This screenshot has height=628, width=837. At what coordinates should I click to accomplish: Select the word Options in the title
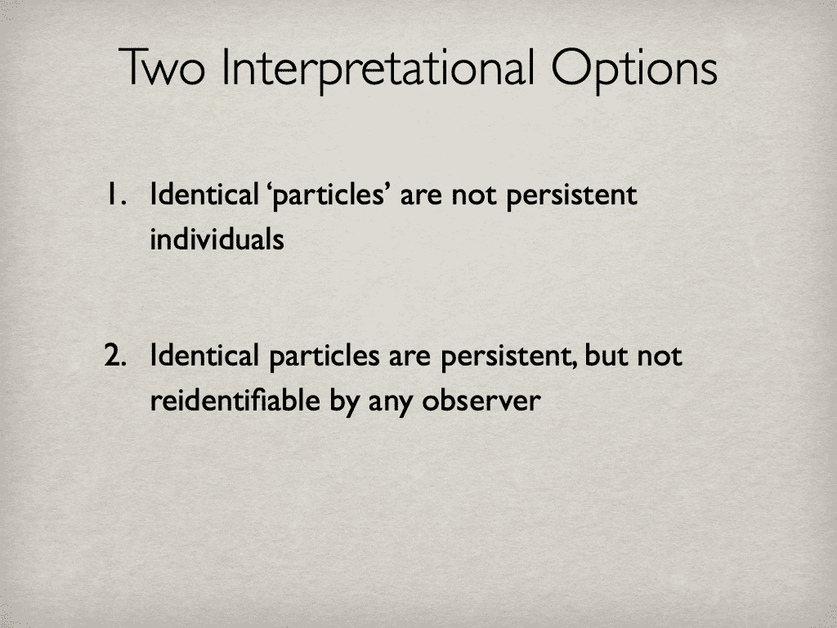[634, 70]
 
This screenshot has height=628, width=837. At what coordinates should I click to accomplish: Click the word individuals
[217, 240]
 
